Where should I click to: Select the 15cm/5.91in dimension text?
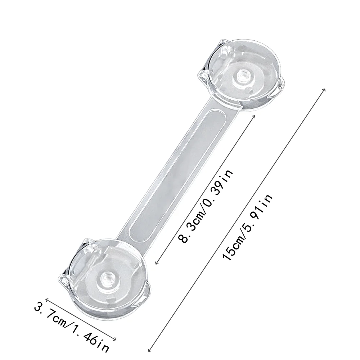click(x=248, y=227)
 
